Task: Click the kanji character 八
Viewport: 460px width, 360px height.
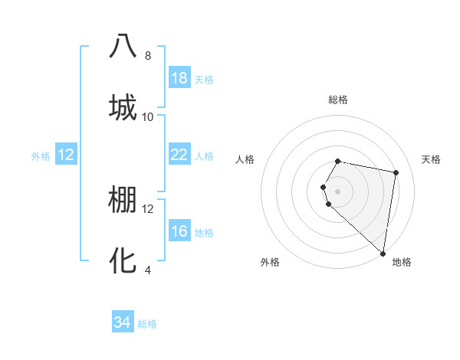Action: pos(123,47)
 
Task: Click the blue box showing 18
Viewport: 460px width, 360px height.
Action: pos(179,78)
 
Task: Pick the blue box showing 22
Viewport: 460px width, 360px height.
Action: pos(179,155)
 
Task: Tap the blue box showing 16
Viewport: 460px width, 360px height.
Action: pos(179,231)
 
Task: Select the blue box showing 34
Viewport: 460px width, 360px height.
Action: pos(123,322)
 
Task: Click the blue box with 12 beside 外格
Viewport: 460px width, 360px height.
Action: pos(66,155)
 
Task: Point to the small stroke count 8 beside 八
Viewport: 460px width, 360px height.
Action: pos(148,56)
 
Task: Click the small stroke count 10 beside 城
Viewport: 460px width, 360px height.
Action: pos(148,116)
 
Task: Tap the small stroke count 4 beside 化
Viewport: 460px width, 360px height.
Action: pos(148,270)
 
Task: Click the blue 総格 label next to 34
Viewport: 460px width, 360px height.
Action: pos(147,324)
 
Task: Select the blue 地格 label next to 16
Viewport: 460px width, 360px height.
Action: pos(204,233)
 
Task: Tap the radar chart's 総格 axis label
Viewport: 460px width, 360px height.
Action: pos(338,100)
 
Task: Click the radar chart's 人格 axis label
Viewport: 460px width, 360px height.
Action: pos(245,159)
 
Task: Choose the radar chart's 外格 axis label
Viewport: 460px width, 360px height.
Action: pos(270,262)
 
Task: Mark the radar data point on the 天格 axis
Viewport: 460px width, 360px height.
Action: pos(396,173)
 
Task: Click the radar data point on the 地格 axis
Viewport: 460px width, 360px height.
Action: pos(383,252)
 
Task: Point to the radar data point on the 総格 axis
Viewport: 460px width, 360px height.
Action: pos(338,162)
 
